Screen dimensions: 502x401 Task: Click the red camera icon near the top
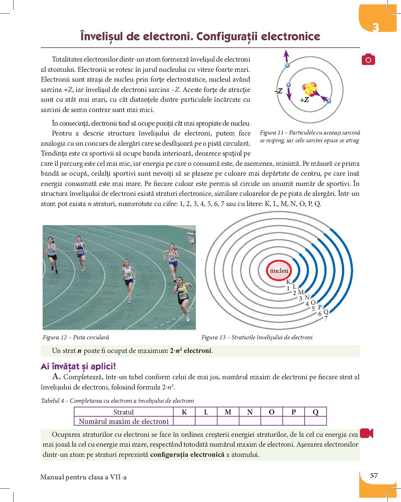[368, 59]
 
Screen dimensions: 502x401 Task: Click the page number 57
[374, 475]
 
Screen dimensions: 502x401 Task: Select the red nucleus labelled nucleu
[279, 271]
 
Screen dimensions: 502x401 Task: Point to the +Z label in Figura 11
[304, 100]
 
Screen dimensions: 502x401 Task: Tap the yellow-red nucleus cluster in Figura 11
[310, 89]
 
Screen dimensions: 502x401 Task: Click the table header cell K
[184, 412]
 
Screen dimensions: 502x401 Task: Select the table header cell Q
[315, 412]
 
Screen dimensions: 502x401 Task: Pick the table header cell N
[250, 412]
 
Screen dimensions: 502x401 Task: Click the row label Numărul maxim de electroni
[124, 421]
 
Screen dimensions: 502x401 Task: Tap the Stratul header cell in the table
[124, 412]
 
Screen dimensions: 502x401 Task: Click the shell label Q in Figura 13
[326, 312]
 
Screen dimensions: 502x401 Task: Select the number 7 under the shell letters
[326, 318]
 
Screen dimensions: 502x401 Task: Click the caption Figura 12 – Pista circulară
[76, 337]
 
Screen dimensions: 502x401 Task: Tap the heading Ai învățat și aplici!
[78, 367]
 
